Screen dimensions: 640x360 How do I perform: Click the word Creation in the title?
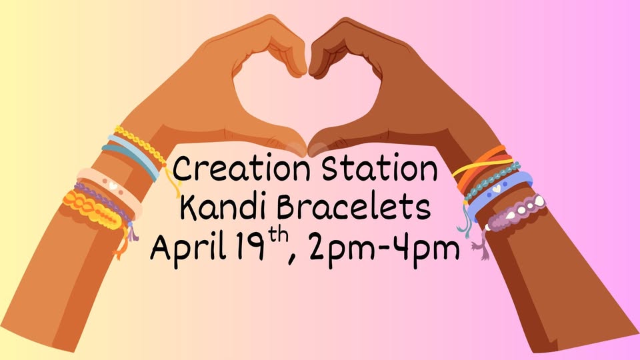241,169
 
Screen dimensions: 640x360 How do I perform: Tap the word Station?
379,169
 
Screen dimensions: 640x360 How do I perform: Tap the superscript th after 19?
277,237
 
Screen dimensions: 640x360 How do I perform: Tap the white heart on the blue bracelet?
496,189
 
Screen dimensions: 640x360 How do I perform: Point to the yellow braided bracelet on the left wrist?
141,145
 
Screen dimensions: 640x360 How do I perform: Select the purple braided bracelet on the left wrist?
103,203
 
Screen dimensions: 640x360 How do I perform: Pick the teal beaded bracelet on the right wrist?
492,180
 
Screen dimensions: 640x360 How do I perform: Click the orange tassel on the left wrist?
121,245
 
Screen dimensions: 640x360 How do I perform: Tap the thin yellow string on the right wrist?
481,166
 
